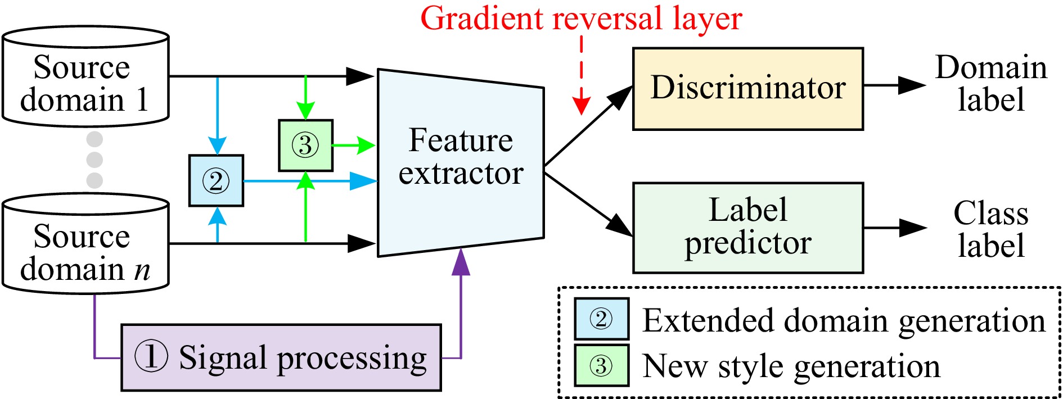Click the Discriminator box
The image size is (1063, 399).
(747, 89)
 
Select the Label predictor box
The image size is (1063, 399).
(747, 228)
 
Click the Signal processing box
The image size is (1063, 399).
(281, 357)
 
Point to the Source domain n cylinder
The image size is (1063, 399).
(85, 244)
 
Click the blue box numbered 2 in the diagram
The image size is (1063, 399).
(216, 181)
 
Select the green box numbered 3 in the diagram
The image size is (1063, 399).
(305, 146)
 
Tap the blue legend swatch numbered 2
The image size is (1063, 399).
(601, 319)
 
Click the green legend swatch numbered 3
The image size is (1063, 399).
(601, 366)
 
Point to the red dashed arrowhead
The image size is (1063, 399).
(581, 106)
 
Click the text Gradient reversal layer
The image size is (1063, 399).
(581, 18)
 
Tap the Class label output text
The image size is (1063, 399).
(991, 229)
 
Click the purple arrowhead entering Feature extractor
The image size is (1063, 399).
(461, 262)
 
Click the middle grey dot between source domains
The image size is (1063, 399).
(94, 160)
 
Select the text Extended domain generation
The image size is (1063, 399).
(844, 320)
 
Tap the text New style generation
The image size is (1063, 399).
(791, 366)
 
